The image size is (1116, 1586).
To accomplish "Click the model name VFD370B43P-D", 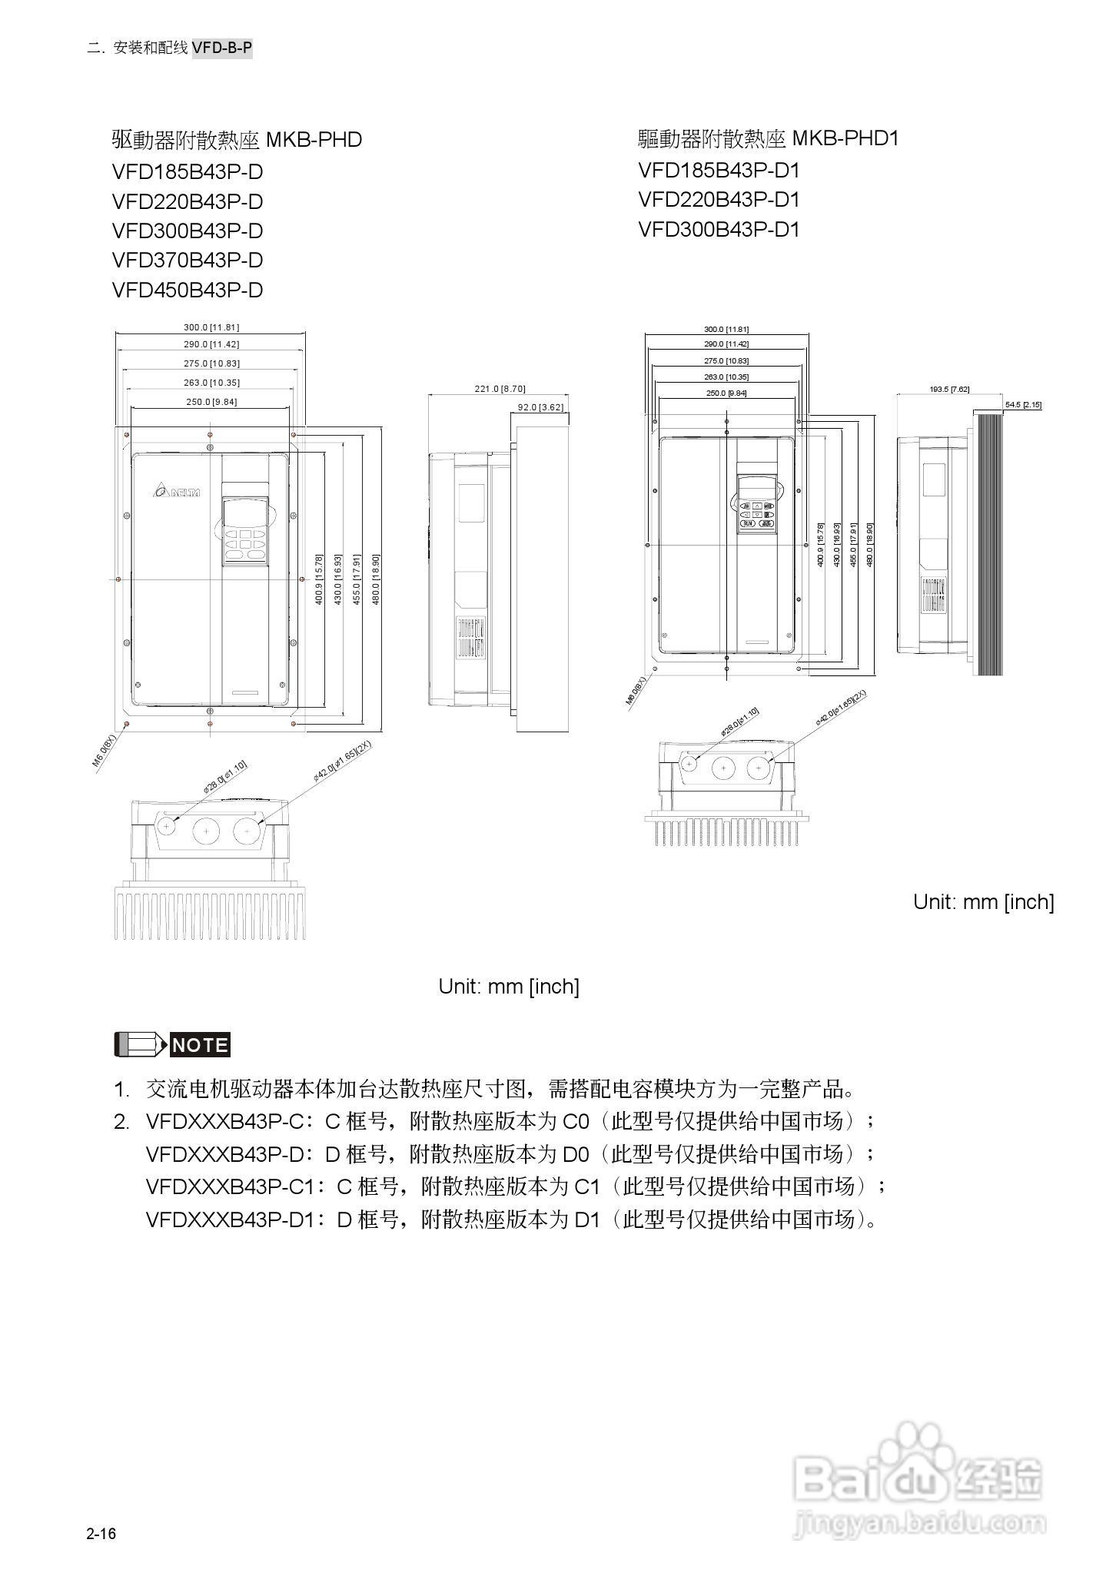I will click(x=188, y=260).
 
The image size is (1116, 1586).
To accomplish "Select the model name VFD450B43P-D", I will click(x=188, y=290).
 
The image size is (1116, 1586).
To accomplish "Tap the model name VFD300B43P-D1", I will click(x=719, y=230).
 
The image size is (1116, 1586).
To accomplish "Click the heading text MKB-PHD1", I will click(x=845, y=139).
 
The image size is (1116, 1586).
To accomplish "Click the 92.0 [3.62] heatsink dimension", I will click(x=540, y=406).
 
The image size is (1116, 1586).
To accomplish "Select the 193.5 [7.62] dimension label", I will click(x=949, y=389).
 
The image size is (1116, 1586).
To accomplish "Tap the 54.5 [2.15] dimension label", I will click(x=1023, y=404).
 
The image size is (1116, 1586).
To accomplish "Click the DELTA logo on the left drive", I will click(x=176, y=491).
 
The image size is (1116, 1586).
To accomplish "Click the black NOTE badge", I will click(x=200, y=1045).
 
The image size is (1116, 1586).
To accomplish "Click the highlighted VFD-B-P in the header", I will click(x=222, y=48).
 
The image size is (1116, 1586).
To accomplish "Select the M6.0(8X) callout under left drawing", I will click(x=104, y=751).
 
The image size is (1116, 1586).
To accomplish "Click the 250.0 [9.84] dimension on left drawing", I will click(x=211, y=401).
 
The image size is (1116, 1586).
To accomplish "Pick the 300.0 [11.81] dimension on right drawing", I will click(x=726, y=329).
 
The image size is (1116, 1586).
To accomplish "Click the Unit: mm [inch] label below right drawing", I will click(x=983, y=902).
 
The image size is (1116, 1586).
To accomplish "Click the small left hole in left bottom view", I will click(x=167, y=825).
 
